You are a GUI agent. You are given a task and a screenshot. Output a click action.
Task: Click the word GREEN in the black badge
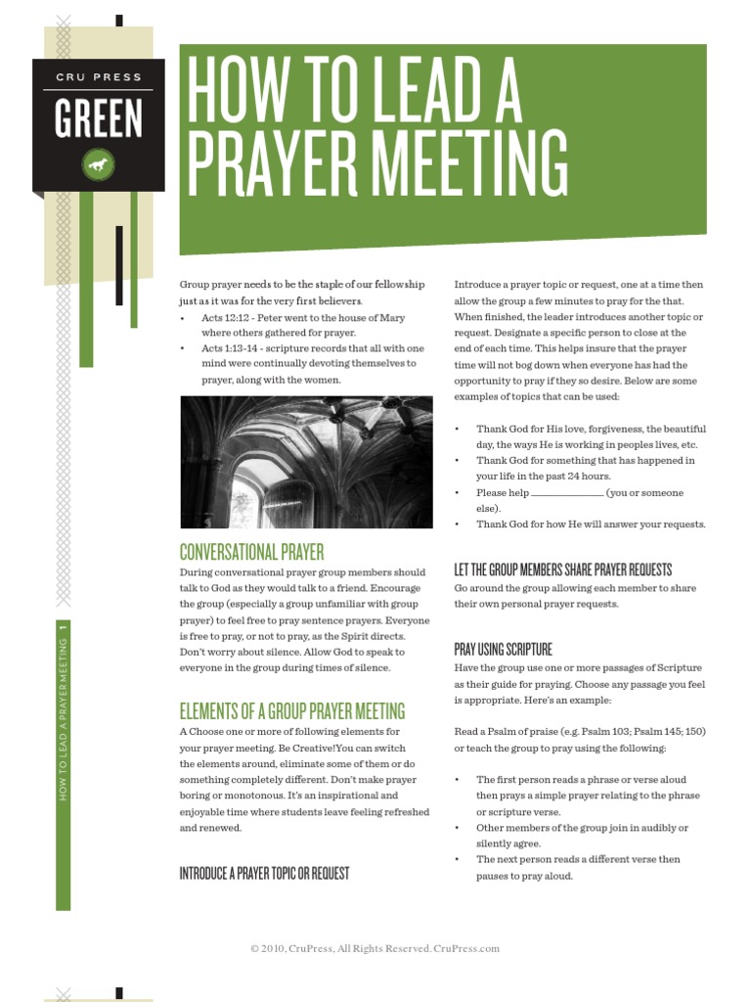pos(98,118)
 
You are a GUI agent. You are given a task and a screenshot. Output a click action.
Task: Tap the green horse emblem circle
pos(98,164)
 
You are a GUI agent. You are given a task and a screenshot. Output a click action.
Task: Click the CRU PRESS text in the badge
pos(98,77)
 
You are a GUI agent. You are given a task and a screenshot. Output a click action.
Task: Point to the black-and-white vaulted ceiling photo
pos(306,462)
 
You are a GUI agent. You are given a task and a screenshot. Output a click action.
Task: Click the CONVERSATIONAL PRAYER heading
pos(251,552)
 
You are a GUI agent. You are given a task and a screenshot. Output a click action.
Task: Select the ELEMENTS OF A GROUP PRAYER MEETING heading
pos(291,711)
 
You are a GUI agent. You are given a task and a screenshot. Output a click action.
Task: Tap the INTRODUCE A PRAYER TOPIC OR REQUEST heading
pos(264,873)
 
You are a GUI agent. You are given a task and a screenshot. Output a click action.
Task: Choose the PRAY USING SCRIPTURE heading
pos(503,649)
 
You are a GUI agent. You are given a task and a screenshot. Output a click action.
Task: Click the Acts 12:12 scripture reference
pos(226,317)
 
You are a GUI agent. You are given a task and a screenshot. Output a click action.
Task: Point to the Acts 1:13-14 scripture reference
pos(230,348)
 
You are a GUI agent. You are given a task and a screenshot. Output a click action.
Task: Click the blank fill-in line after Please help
pos(567,493)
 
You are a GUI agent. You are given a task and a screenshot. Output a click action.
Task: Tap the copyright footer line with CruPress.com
pos(375,948)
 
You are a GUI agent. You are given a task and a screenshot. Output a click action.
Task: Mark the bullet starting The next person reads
pos(578,859)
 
